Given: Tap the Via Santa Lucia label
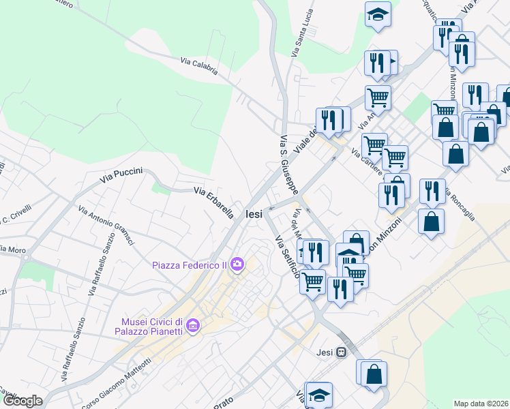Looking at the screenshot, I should point(302,33).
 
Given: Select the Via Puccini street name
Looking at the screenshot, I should point(121,175).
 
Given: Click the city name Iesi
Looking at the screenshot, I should point(254,214).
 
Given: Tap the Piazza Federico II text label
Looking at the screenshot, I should point(189,264).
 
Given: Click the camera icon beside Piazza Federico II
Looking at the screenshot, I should point(237,264).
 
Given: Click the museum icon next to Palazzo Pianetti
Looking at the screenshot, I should point(193,327).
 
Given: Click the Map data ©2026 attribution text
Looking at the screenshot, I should point(481,404).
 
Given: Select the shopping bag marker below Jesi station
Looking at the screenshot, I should point(374,374).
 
